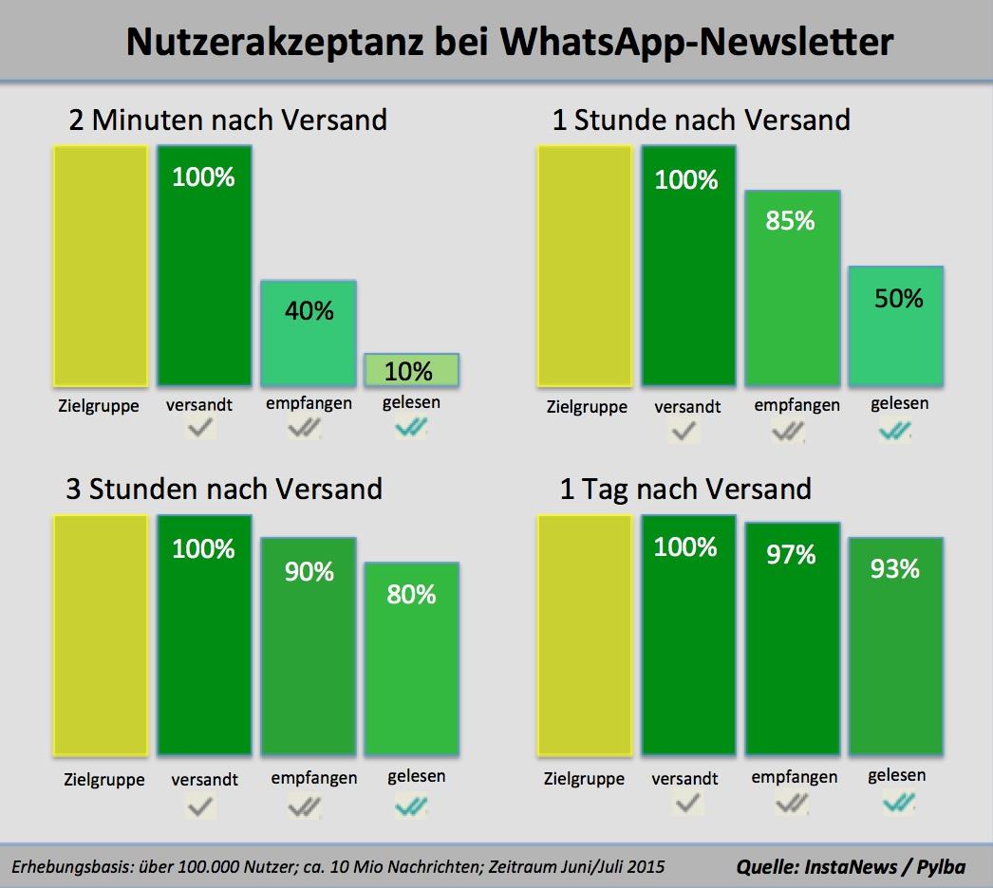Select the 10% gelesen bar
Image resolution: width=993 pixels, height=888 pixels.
pyautogui.click(x=411, y=369)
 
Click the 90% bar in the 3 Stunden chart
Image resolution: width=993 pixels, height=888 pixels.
pyautogui.click(x=309, y=646)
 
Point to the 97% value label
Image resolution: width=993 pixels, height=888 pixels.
pyautogui.click(x=792, y=554)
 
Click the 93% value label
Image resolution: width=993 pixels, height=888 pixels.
pyautogui.click(x=896, y=568)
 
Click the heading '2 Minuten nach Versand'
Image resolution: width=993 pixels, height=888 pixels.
pyautogui.click(x=228, y=120)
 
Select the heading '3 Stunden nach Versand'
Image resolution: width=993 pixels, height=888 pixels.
pyautogui.click(x=224, y=489)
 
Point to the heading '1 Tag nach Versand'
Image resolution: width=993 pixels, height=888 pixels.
pyautogui.click(x=685, y=489)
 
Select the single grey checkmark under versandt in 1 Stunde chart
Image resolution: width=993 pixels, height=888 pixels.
pyautogui.click(x=684, y=433)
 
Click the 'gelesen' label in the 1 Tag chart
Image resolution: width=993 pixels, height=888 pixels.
pyautogui.click(x=896, y=775)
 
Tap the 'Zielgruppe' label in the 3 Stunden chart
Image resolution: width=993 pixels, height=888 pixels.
pyautogui.click(x=104, y=780)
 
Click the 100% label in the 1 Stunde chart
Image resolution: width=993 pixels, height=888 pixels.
pyautogui.click(x=686, y=179)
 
